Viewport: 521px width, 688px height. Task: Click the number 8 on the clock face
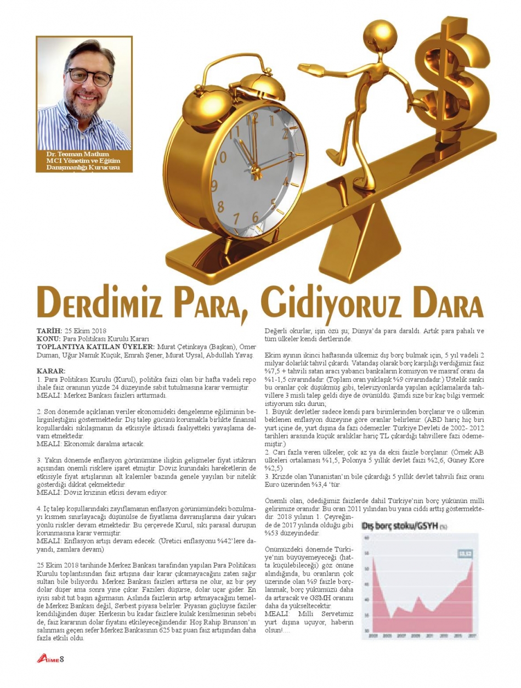tap(220, 207)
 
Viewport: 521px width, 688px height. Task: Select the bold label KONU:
tap(48, 339)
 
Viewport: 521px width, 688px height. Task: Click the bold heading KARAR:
tap(50, 371)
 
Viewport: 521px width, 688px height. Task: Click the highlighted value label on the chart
tap(465, 552)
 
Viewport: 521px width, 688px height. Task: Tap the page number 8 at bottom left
tap(63, 659)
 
